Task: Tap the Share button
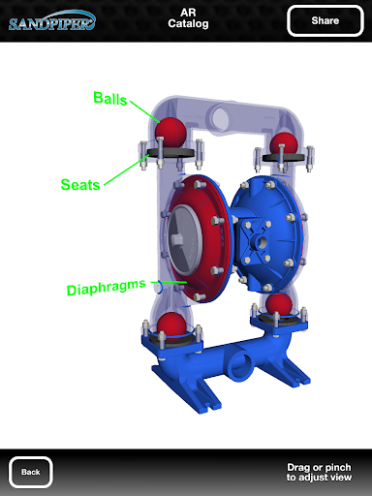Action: point(325,20)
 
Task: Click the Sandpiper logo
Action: point(52,21)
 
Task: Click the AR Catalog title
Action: point(188,18)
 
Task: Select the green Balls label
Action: point(110,98)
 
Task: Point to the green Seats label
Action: point(80,185)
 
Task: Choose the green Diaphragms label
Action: point(107,288)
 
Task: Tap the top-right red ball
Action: point(284,143)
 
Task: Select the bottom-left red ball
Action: point(171,325)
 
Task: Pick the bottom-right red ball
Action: point(279,304)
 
